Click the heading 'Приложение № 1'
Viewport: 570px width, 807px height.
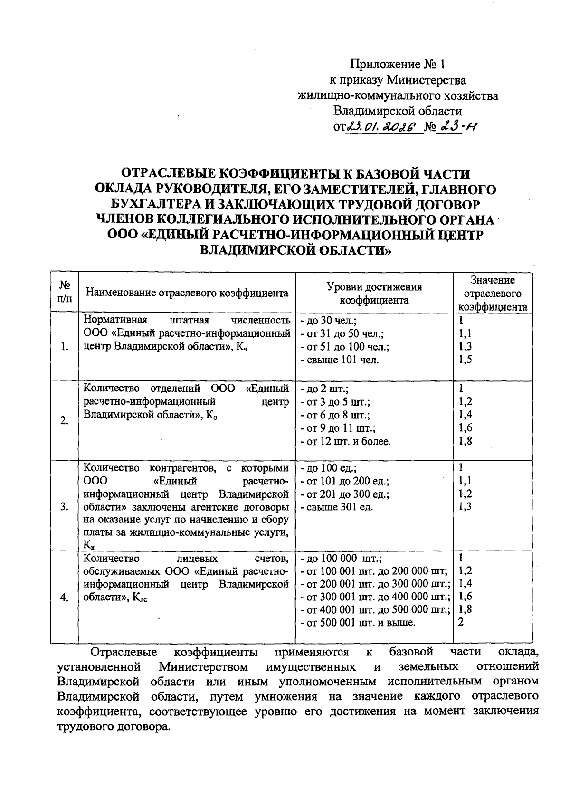(399, 64)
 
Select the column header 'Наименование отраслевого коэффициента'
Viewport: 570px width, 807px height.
(187, 293)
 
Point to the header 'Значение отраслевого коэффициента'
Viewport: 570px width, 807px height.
(492, 293)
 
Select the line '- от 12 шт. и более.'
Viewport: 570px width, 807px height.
(346, 442)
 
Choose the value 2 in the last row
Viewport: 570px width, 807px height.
(461, 622)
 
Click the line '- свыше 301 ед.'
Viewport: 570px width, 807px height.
(337, 507)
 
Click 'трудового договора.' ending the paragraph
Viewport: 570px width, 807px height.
(113, 727)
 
